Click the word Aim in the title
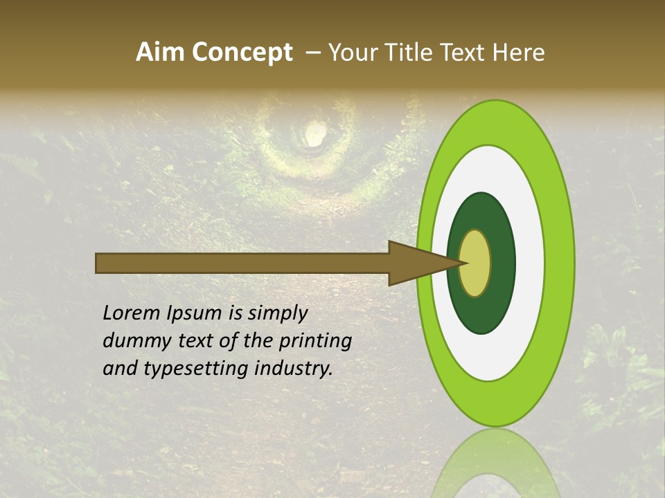pos(160,53)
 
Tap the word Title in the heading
pos(400,53)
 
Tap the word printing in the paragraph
pos(316,341)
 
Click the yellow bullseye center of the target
pos(475,263)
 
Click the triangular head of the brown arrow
pos(416,263)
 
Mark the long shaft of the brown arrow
pos(242,263)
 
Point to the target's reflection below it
pos(495,463)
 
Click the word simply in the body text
pos(277,313)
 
